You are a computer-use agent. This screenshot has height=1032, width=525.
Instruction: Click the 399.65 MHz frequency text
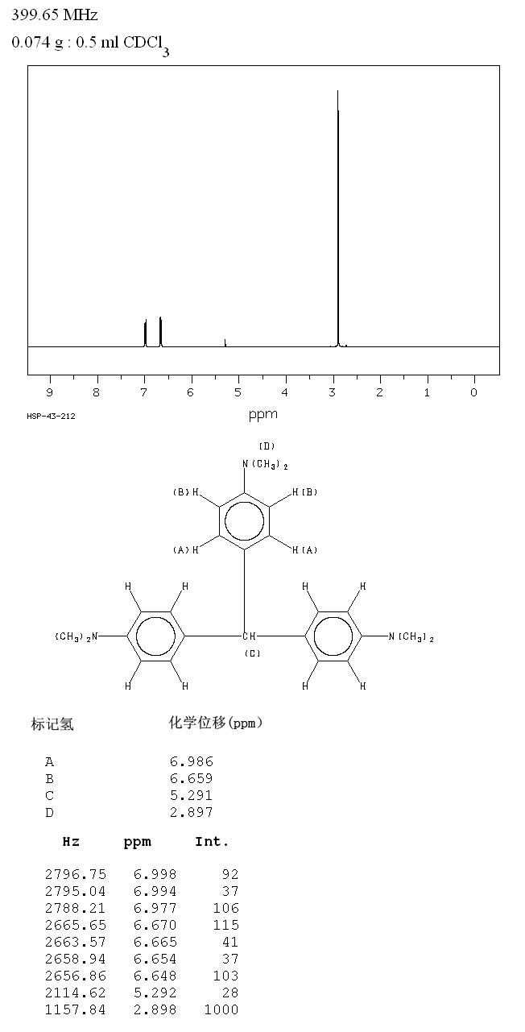click(54, 15)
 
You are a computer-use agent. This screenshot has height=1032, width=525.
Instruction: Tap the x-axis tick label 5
click(238, 392)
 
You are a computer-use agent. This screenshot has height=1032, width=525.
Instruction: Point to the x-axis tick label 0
click(474, 392)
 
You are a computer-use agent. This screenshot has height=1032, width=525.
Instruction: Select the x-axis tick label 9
click(49, 392)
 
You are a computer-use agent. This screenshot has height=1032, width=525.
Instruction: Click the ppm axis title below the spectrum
click(263, 415)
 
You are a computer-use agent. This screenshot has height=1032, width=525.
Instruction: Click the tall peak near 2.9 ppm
click(338, 218)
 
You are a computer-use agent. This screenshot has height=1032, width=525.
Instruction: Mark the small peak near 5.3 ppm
click(225, 342)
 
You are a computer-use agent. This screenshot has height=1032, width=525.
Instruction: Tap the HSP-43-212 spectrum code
click(51, 416)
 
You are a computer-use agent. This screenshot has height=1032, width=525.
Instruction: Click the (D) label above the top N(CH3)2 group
click(267, 446)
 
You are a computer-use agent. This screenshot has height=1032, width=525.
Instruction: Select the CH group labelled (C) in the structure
click(249, 636)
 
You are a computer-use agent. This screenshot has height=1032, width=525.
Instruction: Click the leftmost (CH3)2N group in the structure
click(76, 637)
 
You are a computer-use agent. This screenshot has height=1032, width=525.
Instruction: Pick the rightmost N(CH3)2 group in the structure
click(411, 637)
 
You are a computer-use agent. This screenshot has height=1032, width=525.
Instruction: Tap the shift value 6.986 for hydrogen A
click(191, 761)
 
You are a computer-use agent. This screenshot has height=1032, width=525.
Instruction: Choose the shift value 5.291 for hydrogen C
click(191, 796)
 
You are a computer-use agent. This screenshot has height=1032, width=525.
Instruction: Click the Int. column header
click(212, 842)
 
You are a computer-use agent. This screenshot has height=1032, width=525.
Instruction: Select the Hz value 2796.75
click(76, 874)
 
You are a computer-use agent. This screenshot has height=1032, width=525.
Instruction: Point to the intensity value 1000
click(221, 1010)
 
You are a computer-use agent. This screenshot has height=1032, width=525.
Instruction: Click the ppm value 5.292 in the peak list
click(155, 993)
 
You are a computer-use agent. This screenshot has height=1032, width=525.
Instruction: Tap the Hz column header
click(71, 842)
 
